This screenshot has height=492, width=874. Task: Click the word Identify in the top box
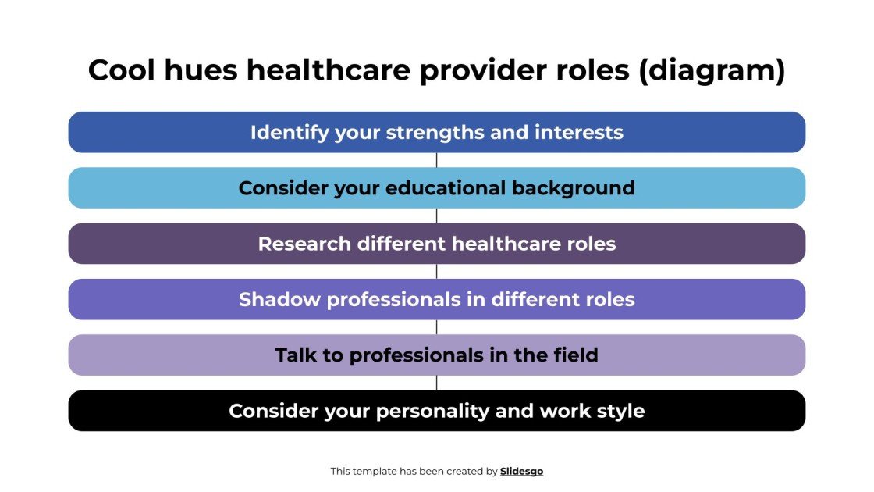coord(290,133)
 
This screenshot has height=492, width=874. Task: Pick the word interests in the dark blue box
coord(579,133)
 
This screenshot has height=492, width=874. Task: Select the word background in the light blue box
coord(573,188)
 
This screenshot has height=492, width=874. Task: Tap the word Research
coord(305,244)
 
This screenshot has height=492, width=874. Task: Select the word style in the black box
coord(620,411)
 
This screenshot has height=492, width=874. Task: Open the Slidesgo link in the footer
coord(521,472)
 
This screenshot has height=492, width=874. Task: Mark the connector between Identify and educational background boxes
coord(437,160)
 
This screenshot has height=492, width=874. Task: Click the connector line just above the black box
coord(437,383)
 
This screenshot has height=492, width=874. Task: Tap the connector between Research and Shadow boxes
coord(437,272)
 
